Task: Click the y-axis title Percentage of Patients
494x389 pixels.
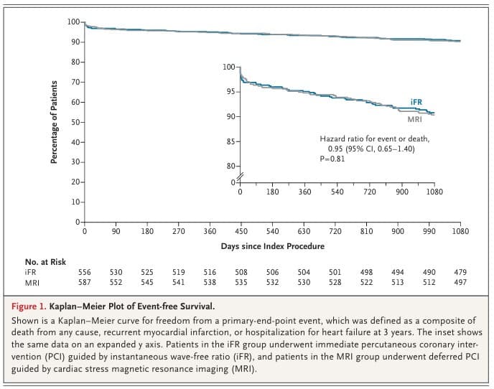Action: pyautogui.click(x=54, y=123)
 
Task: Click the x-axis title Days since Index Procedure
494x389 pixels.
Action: pyautogui.click(x=272, y=246)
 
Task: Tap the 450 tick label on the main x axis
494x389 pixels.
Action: pyautogui.click(x=241, y=232)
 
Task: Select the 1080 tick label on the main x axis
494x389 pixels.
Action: pyautogui.click(x=460, y=232)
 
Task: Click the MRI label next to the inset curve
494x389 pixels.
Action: pyautogui.click(x=414, y=119)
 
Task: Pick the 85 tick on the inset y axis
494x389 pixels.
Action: pyautogui.click(x=229, y=141)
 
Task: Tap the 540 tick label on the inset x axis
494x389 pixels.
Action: pyautogui.click(x=337, y=192)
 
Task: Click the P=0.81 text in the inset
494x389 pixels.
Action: pyautogui.click(x=332, y=159)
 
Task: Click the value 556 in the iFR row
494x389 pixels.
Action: pyautogui.click(x=85, y=273)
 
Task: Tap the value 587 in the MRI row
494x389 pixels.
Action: pyautogui.click(x=85, y=283)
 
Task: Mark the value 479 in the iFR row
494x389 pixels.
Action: pyautogui.click(x=460, y=273)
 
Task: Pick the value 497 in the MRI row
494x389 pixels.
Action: pyautogui.click(x=460, y=283)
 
